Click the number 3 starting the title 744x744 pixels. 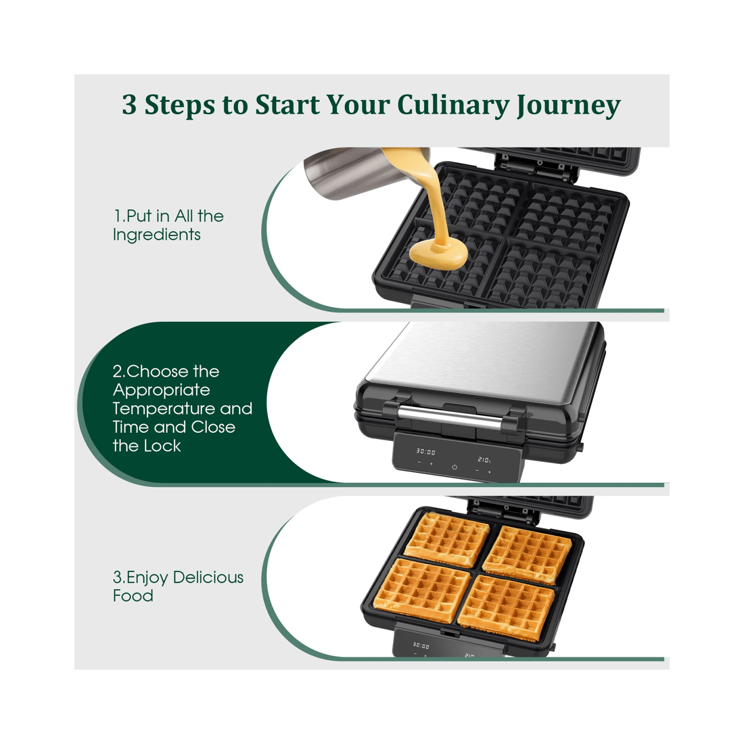pos(129,106)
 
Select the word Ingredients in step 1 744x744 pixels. pos(157,235)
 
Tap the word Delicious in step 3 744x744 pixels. pos(208,578)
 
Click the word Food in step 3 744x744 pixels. pos(133,596)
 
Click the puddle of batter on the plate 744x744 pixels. pos(438,254)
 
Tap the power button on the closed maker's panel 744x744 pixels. pos(455,467)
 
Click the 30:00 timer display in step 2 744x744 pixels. pos(425,452)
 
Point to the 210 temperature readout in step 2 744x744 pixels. pos(484,460)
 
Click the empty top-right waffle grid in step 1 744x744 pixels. pos(568,212)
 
